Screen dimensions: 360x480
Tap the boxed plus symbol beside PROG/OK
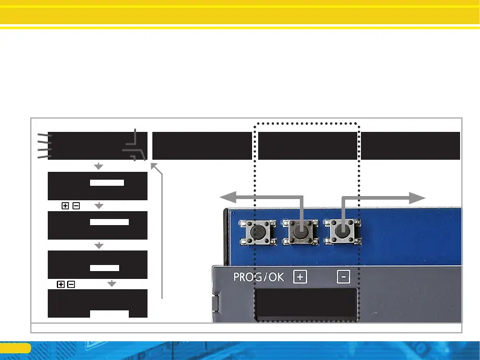[300, 277]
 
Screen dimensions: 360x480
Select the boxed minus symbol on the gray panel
[343, 277]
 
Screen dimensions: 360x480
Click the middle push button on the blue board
[300, 231]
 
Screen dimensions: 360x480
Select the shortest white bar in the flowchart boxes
[104, 267]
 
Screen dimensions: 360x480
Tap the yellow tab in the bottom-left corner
[15, 348]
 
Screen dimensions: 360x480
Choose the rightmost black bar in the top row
[410, 145]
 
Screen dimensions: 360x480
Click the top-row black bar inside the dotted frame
[307, 145]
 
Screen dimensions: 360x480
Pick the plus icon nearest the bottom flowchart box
[61, 284]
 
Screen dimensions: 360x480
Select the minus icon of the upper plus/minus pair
[76, 206]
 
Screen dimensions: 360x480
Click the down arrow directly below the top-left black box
[99, 166]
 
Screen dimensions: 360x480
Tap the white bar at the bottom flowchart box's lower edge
[109, 313]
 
